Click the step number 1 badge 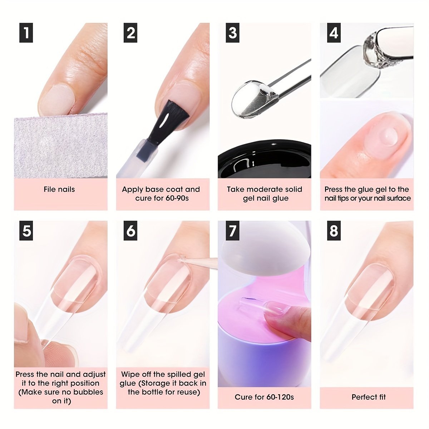(26, 33)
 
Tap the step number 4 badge (334, 33)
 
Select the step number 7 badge (232, 231)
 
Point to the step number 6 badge (130, 231)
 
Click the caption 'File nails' (59, 189)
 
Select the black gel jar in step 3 (265, 161)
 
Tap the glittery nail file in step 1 (60, 146)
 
